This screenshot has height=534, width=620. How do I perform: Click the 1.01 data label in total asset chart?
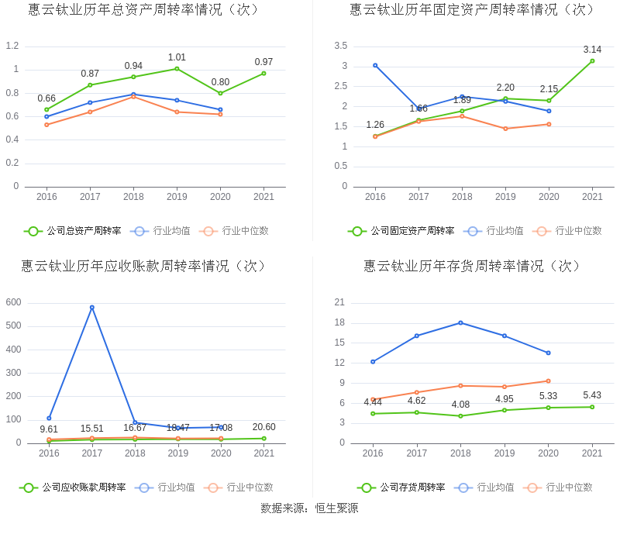pyautogui.click(x=177, y=57)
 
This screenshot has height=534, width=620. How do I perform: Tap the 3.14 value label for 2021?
pyautogui.click(x=592, y=50)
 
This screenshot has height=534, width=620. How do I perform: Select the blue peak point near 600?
pyautogui.click(x=92, y=308)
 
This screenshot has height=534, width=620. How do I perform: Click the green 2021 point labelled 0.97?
pyautogui.click(x=263, y=73)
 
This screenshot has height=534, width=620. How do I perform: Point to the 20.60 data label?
pyautogui.click(x=263, y=427)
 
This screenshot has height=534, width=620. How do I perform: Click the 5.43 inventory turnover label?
pyautogui.click(x=592, y=395)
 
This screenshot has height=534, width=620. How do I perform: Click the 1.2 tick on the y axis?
pyautogui.click(x=12, y=46)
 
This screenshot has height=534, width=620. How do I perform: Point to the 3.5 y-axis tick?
pyautogui.click(x=341, y=46)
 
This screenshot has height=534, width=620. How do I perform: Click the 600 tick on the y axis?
pyautogui.click(x=13, y=302)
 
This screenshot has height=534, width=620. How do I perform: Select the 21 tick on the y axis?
pyautogui.click(x=340, y=302)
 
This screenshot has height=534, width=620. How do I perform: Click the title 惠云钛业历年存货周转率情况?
pyautogui.click(x=473, y=266)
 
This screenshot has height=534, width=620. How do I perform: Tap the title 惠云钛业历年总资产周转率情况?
pyautogui.click(x=143, y=9)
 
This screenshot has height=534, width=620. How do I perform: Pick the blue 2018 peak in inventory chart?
pyautogui.click(x=460, y=322)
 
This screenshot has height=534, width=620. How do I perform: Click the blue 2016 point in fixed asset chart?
pyautogui.click(x=375, y=65)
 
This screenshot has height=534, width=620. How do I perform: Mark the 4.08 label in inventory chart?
pyautogui.click(x=460, y=405)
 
